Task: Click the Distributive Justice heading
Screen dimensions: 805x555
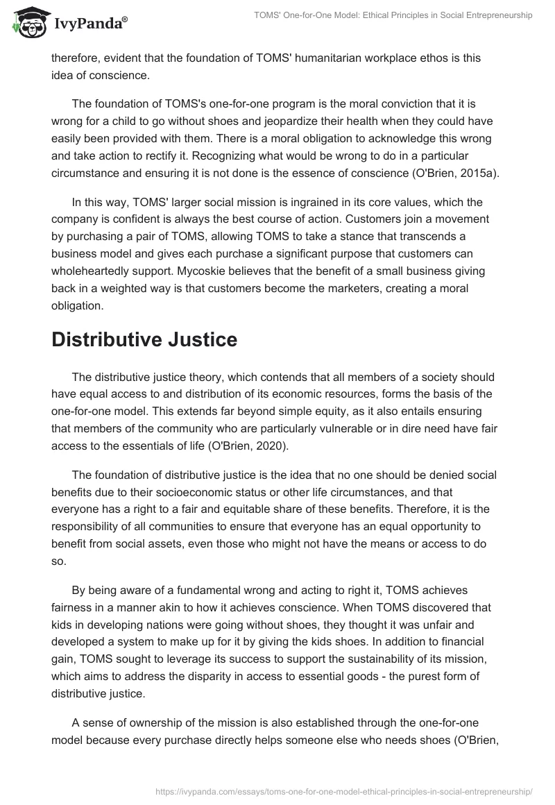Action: (x=144, y=340)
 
